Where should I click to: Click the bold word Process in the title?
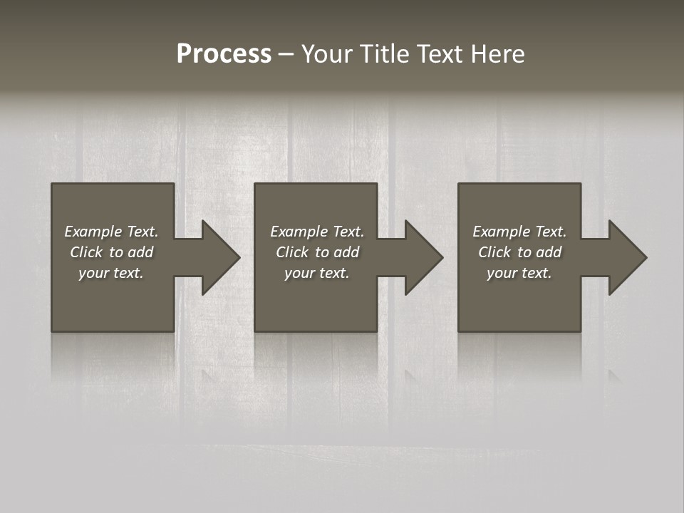tap(224, 54)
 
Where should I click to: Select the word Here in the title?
tap(498, 54)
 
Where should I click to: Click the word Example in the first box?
tap(90, 232)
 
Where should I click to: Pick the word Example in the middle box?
tap(296, 232)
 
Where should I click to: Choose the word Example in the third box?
tap(499, 232)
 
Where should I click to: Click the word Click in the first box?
tap(86, 252)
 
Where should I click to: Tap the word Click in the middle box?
tap(292, 252)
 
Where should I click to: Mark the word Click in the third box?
tap(494, 252)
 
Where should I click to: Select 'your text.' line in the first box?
tap(111, 273)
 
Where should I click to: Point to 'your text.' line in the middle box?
tap(317, 273)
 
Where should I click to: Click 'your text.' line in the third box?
tap(519, 273)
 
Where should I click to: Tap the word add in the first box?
tap(141, 252)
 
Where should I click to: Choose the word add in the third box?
tap(549, 252)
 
